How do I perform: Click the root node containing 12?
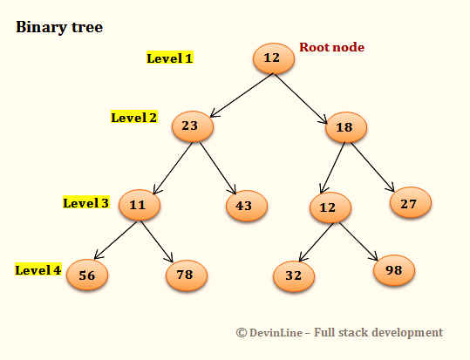click(272, 58)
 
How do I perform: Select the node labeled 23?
click(191, 126)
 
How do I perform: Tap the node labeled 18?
click(345, 127)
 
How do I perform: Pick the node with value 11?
click(138, 204)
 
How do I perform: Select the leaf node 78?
click(187, 275)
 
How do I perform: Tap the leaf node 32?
click(294, 275)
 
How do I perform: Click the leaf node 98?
click(394, 270)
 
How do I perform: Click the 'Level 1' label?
click(169, 58)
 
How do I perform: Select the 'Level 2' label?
click(133, 117)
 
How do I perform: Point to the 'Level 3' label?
click(85, 203)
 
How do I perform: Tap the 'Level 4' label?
click(37, 269)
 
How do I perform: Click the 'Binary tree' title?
click(59, 27)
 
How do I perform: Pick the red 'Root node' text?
click(331, 47)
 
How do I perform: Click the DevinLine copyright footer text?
click(339, 332)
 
